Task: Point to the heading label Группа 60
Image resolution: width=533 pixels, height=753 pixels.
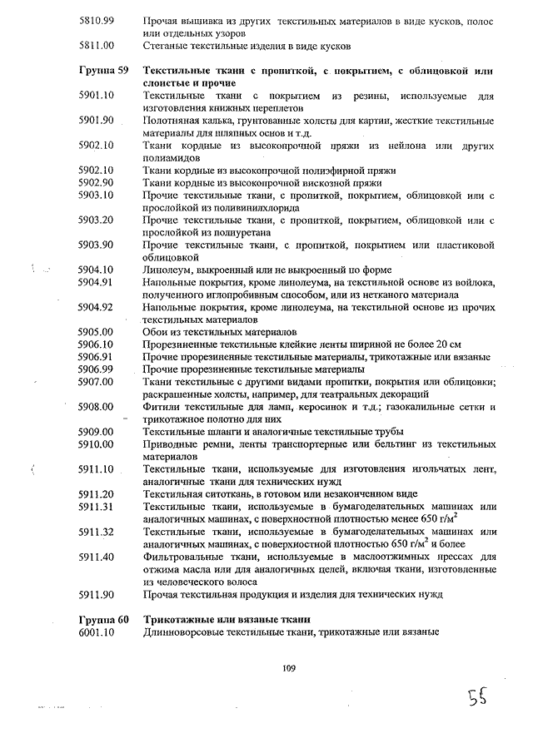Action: point(102,619)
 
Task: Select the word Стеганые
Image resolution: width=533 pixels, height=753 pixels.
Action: point(167,46)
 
